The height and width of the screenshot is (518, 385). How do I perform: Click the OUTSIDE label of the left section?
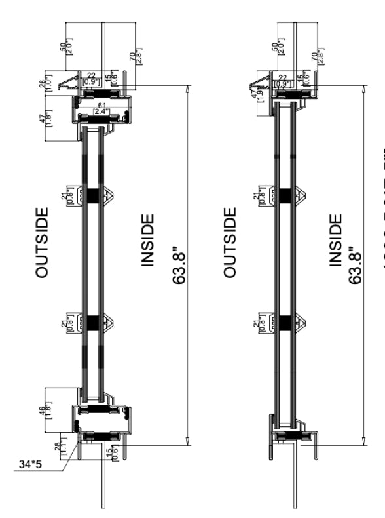tap(41, 234)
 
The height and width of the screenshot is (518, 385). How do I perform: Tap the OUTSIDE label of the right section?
tap(230, 234)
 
